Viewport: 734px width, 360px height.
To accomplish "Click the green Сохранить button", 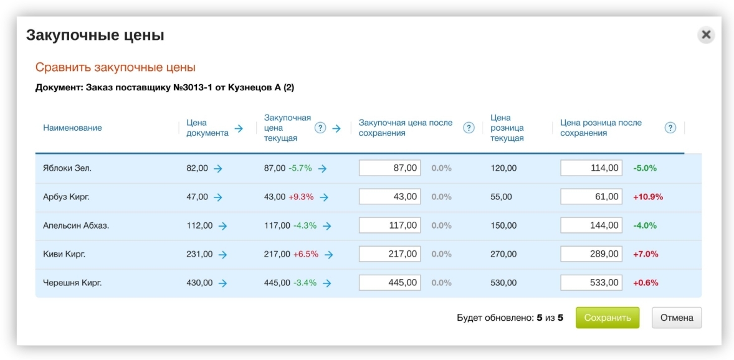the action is [607, 318].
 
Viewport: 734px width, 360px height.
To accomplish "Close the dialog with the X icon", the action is [706, 35].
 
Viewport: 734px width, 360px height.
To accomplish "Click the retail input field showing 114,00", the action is [591, 168].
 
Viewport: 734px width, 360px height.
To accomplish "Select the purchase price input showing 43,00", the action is [389, 197].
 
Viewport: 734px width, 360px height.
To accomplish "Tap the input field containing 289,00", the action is [591, 254].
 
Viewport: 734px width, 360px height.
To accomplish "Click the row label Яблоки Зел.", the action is [67, 169].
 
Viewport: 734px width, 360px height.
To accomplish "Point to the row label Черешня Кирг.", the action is [72, 283].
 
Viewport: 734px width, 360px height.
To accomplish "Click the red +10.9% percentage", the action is [648, 197].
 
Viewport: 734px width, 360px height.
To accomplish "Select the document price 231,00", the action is [199, 254].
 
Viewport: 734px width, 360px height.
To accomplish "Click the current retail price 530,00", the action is [503, 283].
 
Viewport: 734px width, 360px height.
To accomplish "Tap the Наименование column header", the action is [72, 128].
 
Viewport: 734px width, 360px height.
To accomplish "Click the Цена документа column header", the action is [207, 128].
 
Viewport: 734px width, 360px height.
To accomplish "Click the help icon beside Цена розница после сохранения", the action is [670, 128].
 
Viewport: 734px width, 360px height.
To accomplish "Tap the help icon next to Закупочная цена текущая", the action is [320, 128].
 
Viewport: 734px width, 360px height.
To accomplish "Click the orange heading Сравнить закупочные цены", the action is [115, 67].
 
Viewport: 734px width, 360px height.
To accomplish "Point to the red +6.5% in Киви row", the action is [306, 254].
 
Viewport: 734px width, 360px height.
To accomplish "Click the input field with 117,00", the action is [389, 225].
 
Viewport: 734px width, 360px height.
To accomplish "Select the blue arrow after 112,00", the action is [223, 226].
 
